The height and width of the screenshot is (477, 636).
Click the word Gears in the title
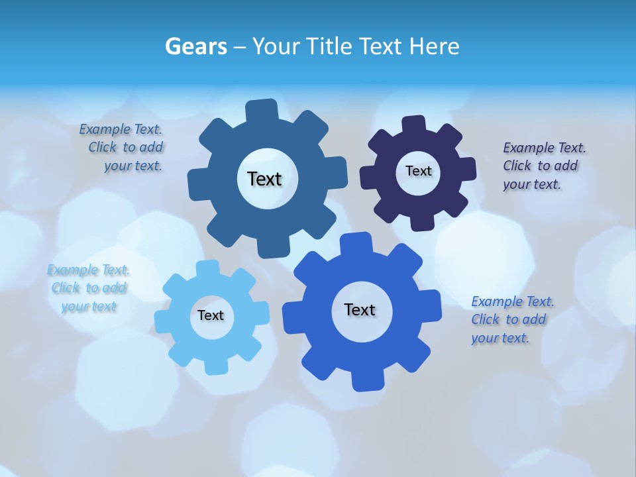pos(196,46)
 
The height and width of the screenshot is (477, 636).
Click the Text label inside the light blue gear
pos(211,315)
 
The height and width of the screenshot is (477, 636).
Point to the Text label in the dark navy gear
pos(418,171)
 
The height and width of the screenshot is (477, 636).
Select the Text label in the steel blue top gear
pos(264,179)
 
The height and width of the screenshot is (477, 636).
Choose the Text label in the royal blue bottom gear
pos(360,309)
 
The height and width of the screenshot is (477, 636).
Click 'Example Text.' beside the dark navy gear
pos(545,148)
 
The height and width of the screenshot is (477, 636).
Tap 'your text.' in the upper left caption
pos(133,166)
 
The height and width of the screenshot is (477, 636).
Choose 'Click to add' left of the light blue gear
pos(89,288)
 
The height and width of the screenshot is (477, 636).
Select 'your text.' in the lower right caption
pos(500,338)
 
